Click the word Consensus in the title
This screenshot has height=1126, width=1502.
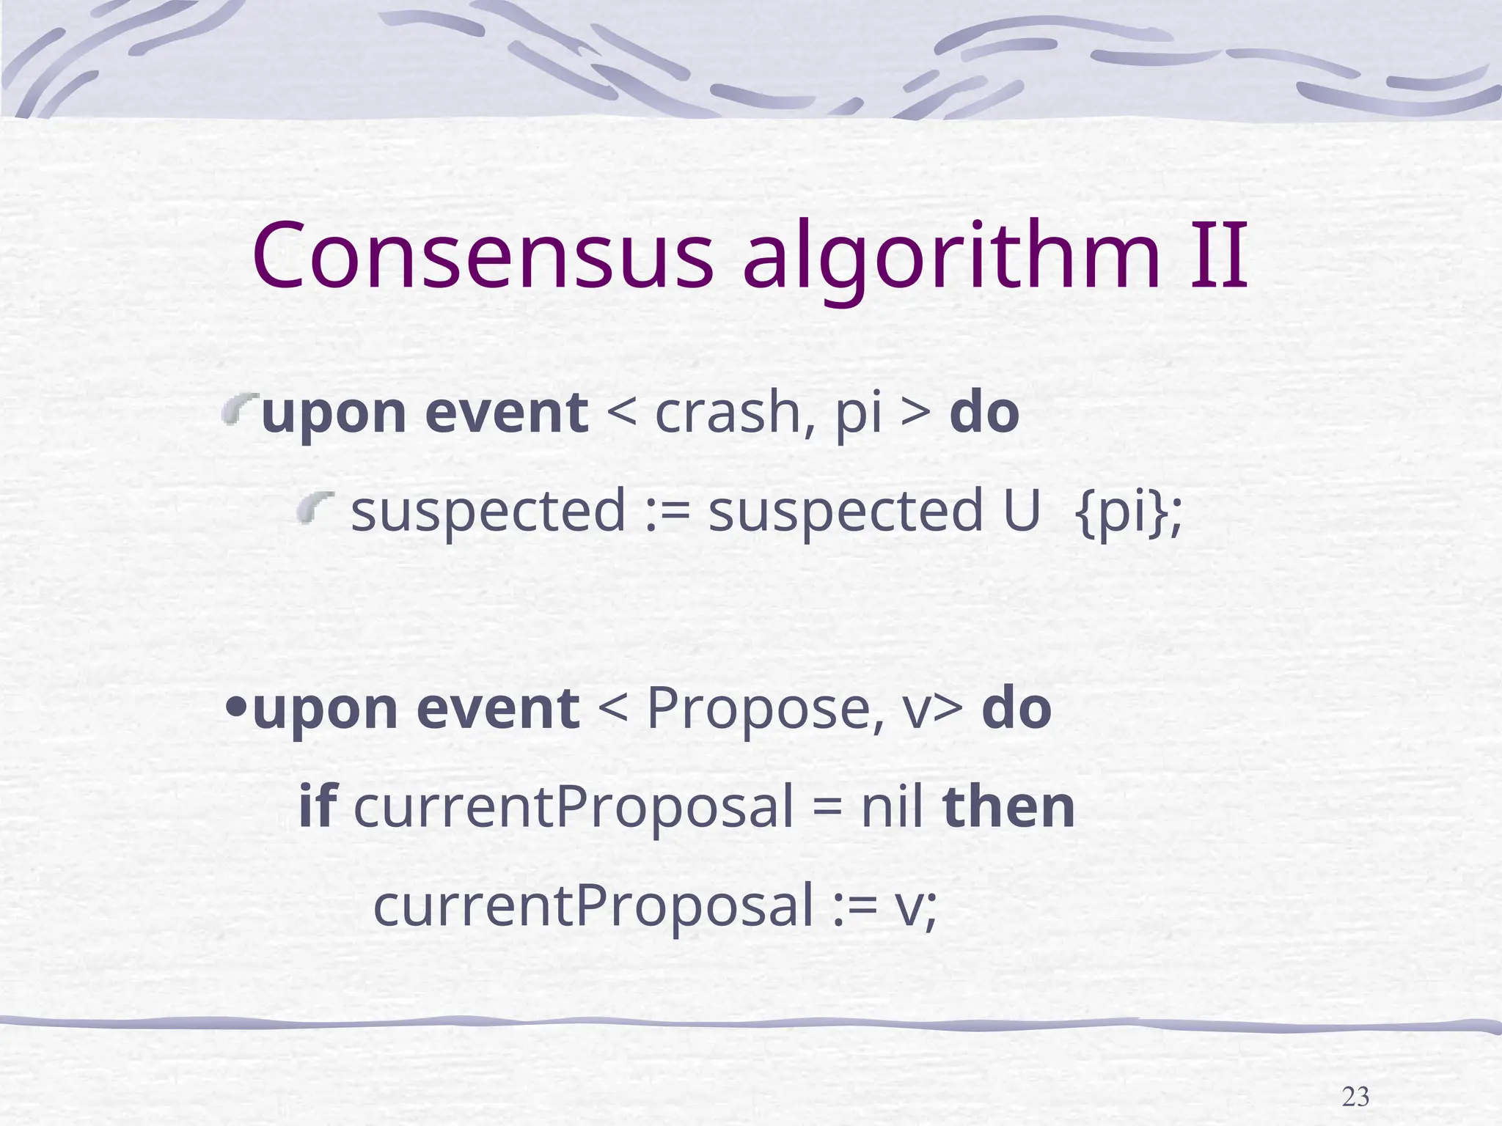482,255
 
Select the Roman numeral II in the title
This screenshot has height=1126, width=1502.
1218,255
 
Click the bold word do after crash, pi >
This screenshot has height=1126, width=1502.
984,413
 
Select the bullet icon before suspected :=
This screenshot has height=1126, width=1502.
315,507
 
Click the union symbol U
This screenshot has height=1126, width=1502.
1021,511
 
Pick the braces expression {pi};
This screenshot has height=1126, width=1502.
1128,512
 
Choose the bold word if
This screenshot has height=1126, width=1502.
317,806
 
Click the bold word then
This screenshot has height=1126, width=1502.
1009,806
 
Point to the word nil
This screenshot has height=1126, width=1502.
890,806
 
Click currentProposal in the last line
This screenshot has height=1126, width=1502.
593,906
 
